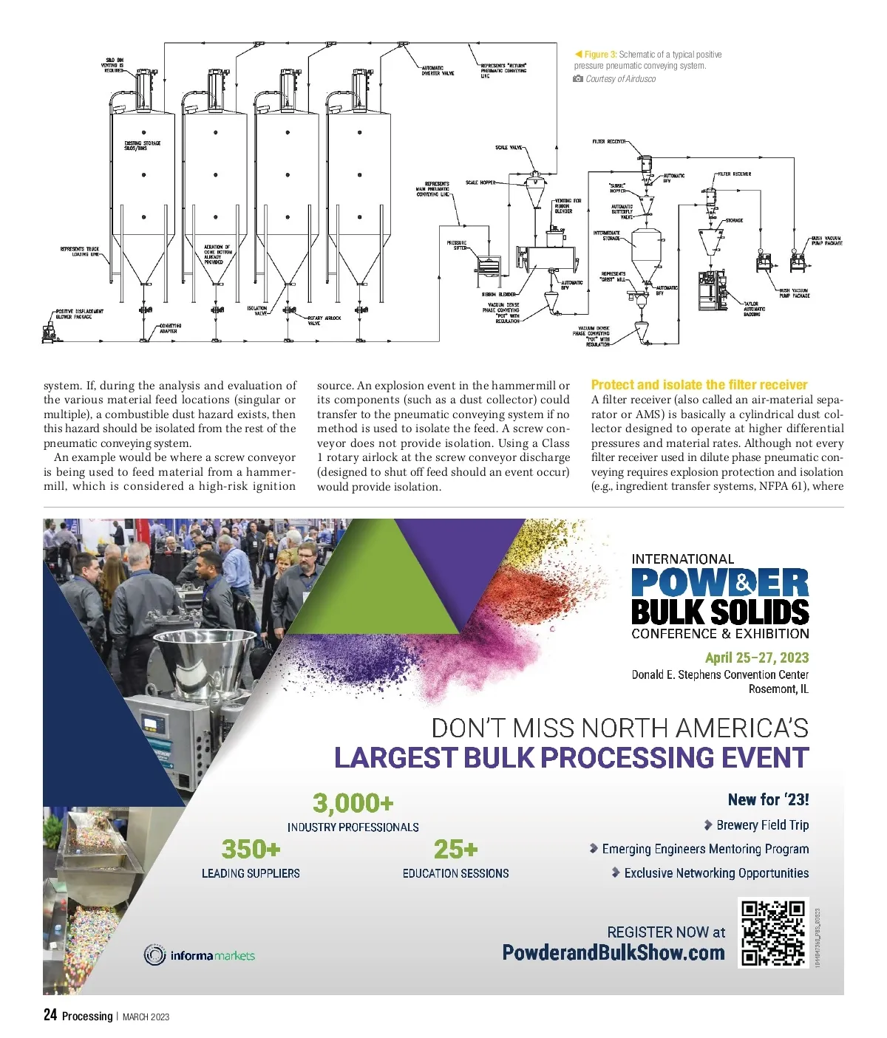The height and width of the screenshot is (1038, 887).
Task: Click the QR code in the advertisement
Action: pos(773,932)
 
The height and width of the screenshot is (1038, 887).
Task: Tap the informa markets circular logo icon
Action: pos(154,955)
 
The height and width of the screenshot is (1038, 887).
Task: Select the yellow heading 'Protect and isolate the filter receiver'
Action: pos(699,384)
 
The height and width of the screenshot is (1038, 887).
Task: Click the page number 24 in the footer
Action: pos(50,1015)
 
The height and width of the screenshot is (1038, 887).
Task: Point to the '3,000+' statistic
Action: pos(353,802)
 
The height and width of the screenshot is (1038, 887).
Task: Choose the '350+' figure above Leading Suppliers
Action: pos(251,849)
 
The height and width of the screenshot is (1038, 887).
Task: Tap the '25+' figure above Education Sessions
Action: pos(455,849)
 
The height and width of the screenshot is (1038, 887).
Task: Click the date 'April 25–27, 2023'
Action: pos(756,658)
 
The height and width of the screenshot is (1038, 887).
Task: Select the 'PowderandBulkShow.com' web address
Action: pos(613,952)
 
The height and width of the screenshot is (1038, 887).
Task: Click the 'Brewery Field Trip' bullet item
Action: pos(761,825)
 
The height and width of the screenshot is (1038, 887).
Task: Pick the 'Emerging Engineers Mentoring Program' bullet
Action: pos(704,849)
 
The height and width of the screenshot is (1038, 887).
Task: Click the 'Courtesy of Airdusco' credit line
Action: pos(620,79)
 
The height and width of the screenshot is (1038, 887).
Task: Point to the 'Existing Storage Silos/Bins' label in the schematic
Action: pos(142,146)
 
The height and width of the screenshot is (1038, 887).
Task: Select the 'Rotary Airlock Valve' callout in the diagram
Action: pos(324,321)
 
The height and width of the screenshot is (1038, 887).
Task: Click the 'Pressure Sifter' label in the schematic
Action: pos(457,245)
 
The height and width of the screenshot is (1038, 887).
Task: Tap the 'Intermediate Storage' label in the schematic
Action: pos(606,236)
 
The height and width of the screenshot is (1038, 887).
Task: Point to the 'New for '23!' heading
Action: pos(768,799)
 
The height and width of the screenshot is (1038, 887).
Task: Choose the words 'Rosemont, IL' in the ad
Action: pos(778,689)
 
